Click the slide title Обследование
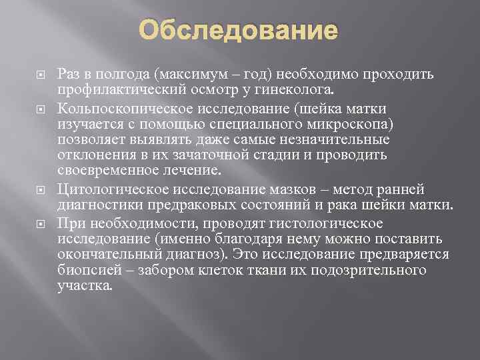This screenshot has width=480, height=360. click(241, 31)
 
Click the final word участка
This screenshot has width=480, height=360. click(96, 287)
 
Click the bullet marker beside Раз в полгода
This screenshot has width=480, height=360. click(37, 73)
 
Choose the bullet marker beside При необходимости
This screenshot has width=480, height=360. click(37, 222)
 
